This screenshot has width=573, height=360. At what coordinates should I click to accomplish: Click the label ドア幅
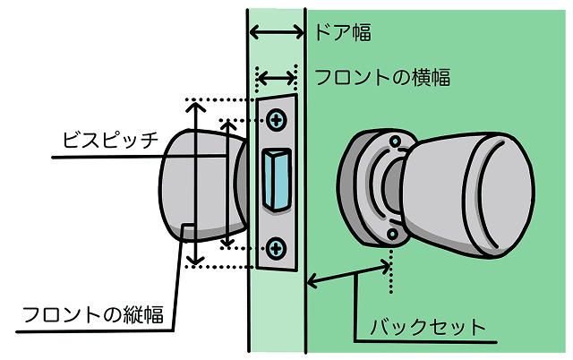(343, 32)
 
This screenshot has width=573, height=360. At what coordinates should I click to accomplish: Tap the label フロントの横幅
(382, 77)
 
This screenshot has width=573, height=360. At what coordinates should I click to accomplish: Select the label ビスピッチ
(110, 140)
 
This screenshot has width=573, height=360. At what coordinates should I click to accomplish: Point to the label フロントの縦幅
(93, 314)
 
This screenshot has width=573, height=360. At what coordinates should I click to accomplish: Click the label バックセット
(428, 327)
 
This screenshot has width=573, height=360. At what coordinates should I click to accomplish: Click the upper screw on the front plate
(277, 119)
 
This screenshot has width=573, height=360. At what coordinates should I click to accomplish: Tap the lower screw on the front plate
(277, 249)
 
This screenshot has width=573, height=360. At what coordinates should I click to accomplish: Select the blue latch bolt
(278, 181)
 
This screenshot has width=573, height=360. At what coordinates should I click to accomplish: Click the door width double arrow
(277, 32)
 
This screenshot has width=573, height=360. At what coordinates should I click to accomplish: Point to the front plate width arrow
(277, 78)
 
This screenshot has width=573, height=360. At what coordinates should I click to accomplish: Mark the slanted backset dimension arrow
(349, 274)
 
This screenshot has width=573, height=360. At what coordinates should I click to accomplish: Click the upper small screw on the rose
(396, 141)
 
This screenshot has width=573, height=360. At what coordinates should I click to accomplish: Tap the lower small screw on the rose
(393, 234)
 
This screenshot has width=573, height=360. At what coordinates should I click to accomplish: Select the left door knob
(203, 185)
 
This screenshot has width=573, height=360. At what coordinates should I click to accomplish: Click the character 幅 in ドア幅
(362, 32)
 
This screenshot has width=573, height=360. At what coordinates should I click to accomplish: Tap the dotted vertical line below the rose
(391, 271)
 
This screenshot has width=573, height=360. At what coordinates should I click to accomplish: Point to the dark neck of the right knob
(393, 185)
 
